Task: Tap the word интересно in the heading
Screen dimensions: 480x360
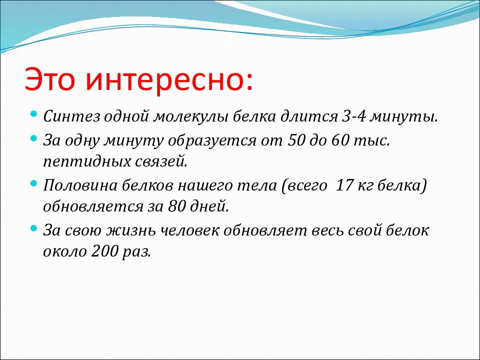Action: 165,79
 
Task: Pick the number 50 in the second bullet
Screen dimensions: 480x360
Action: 295,140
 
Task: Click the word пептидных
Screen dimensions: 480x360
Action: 87,162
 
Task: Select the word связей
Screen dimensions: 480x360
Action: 160,162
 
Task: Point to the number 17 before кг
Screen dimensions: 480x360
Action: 344,185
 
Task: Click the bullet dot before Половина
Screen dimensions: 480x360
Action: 34,183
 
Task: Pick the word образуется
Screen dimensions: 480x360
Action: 212,141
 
